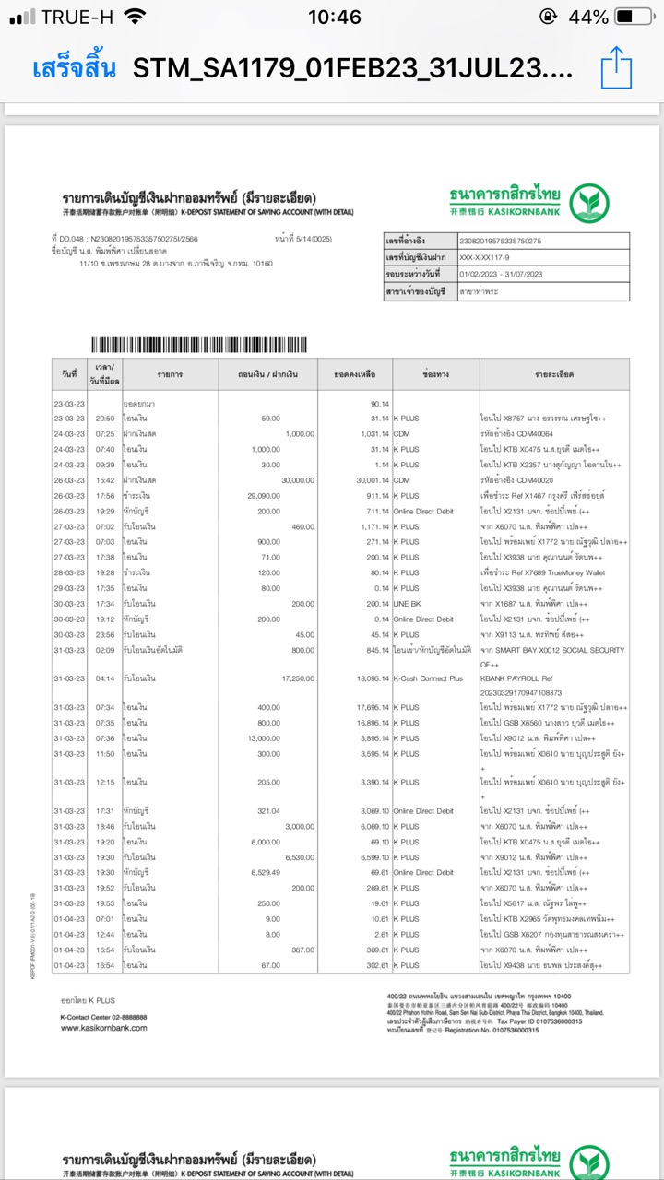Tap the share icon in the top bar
(616, 68)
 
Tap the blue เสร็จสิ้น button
(74, 68)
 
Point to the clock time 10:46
(334, 17)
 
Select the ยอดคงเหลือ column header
(355, 375)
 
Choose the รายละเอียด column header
(554, 375)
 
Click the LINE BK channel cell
(411, 605)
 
